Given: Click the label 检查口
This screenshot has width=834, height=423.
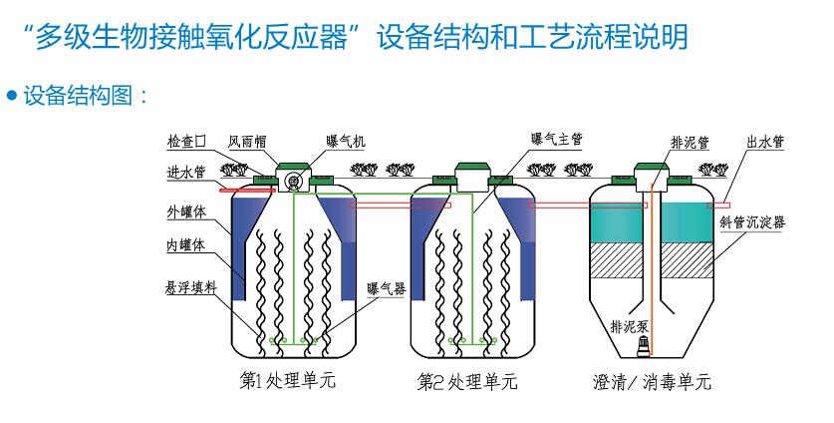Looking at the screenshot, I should click(186, 142).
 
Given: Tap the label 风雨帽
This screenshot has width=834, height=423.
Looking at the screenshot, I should click(247, 142).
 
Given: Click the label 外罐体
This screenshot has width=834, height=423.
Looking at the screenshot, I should click(186, 212).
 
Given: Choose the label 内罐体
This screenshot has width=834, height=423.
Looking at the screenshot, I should click(186, 244).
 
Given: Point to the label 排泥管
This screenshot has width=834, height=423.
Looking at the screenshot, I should click(690, 142).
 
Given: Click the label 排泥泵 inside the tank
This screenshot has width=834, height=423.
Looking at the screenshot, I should click(630, 325).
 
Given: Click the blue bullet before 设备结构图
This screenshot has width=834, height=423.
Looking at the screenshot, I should click(12, 97).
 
